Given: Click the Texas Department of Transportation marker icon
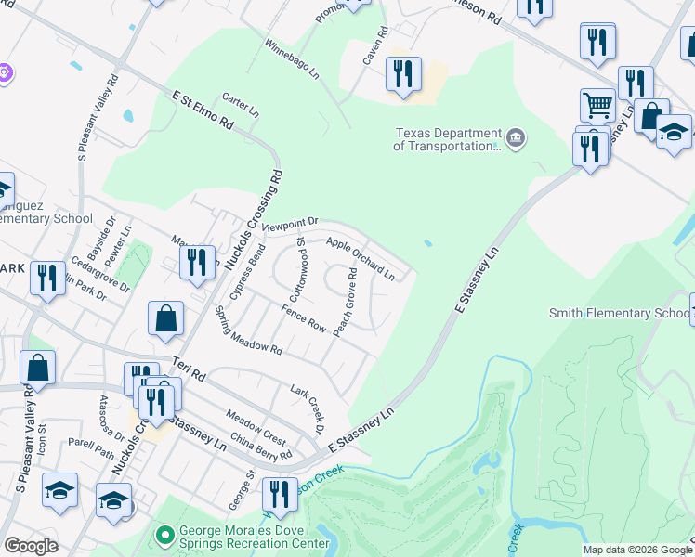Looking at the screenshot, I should click(518, 139).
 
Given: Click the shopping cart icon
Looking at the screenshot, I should click(597, 105).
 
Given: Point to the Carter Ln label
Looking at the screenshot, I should click(240, 105).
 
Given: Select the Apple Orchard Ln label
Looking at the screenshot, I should click(361, 259).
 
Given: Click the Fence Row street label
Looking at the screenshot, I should click(304, 322).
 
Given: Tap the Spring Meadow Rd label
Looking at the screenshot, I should click(248, 330).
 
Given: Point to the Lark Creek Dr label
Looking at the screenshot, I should click(307, 408).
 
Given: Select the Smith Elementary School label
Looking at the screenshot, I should click(618, 313).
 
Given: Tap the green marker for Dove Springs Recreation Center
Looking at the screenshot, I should click(165, 535).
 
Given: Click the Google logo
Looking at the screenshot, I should click(31, 546).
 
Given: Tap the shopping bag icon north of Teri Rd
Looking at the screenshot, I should click(165, 318).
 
